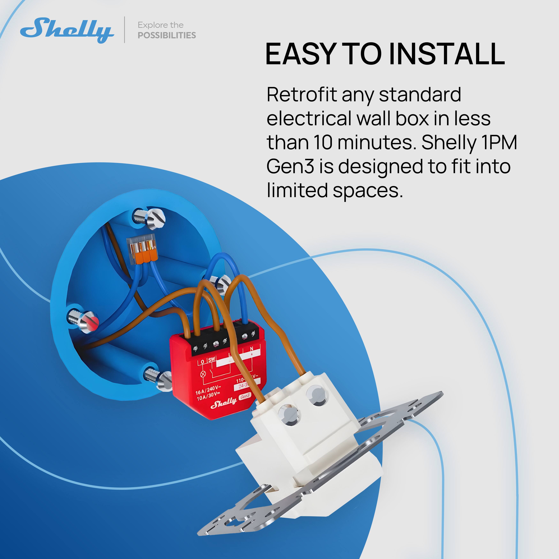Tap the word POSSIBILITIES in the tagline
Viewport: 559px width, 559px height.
tap(167, 35)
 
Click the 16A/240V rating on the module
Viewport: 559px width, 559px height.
tap(208, 389)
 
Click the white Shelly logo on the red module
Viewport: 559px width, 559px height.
tap(223, 403)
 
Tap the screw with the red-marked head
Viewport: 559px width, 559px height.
tap(90, 321)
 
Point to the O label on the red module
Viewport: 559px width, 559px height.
tap(202, 362)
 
